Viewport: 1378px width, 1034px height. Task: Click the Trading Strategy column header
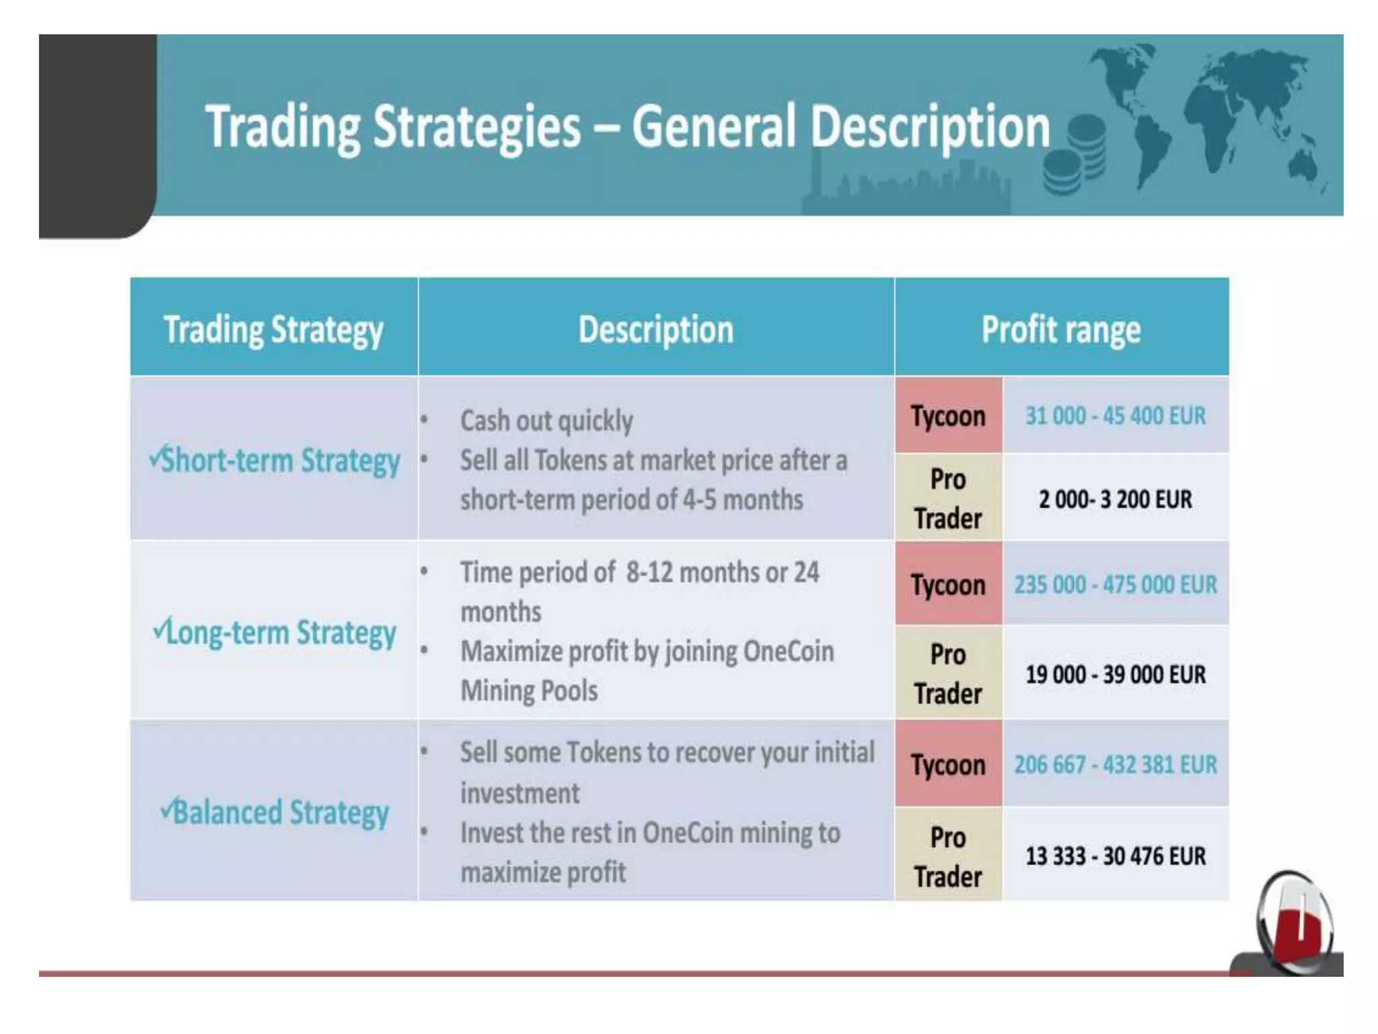[x=273, y=330]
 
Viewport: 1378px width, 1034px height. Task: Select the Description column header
[x=656, y=330]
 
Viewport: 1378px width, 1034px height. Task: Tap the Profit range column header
[x=1061, y=330]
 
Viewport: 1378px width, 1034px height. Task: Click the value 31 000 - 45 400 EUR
[x=1115, y=416]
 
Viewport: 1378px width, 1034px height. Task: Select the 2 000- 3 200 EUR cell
[x=1115, y=499]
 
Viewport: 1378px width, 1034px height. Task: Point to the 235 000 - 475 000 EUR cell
[x=1115, y=584]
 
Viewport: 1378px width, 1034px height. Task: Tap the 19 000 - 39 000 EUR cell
[x=1115, y=674]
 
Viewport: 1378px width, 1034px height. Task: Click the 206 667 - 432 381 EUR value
[x=1115, y=765]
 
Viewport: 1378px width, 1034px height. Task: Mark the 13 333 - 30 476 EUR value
[x=1115, y=856]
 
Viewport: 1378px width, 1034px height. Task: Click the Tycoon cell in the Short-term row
[x=948, y=416]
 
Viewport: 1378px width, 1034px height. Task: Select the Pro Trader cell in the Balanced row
[x=948, y=856]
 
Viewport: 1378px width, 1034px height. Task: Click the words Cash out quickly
[x=546, y=421]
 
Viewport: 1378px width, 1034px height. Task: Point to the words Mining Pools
[x=529, y=691]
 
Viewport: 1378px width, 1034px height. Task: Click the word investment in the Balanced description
[x=519, y=793]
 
